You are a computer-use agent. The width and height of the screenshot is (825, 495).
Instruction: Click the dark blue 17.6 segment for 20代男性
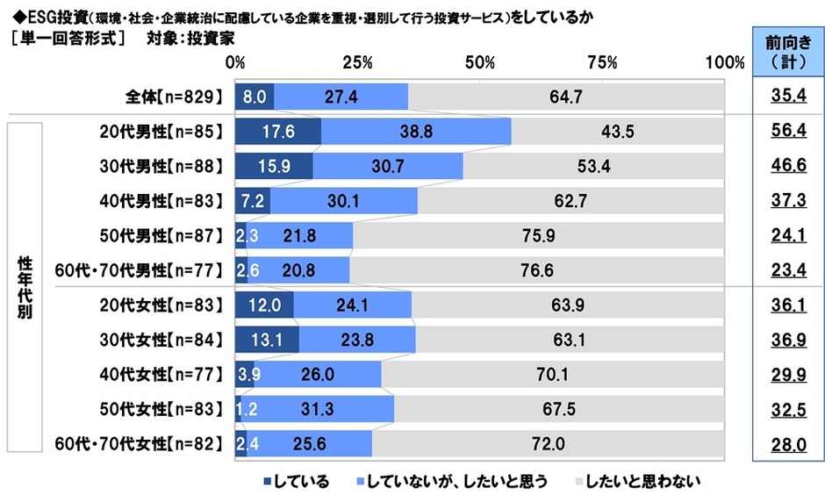tap(277, 131)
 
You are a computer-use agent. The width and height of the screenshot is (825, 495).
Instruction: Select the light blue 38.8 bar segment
tap(416, 131)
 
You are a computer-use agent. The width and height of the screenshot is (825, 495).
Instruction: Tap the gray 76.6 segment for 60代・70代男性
tap(536, 270)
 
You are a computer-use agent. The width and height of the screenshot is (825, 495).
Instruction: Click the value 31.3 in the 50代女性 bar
tap(317, 410)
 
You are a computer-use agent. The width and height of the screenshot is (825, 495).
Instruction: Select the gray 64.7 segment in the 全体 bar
tap(566, 96)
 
